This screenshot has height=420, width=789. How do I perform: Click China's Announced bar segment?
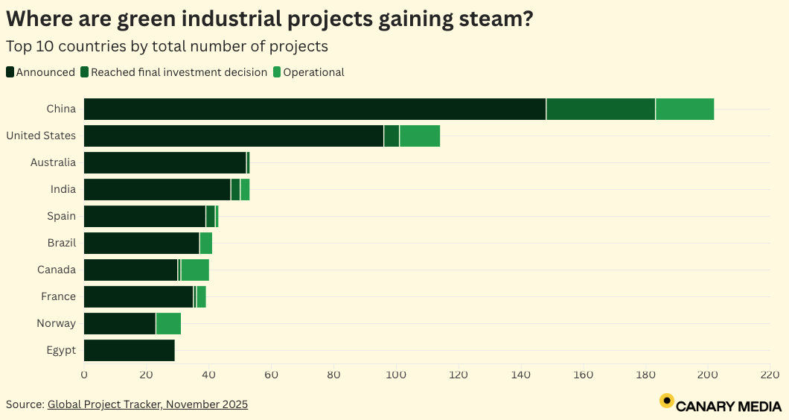click(314, 109)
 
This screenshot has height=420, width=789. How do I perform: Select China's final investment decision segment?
click(601, 109)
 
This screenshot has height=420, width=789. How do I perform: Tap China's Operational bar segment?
click(685, 109)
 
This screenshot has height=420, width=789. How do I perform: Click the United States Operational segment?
click(420, 136)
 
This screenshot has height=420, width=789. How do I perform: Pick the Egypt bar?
click(129, 350)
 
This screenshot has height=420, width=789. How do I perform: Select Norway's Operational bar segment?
click(168, 323)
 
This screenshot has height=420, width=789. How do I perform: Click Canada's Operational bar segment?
click(195, 270)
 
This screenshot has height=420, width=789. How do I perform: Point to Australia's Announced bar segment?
click(164, 162)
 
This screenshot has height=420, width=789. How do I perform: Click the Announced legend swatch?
click(10, 72)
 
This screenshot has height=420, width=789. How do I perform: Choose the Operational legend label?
click(313, 72)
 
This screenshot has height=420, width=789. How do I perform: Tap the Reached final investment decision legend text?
click(179, 72)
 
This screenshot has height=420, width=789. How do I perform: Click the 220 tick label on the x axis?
click(769, 374)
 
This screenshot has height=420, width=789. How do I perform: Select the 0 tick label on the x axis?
click(84, 374)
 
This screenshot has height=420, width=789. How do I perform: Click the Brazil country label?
click(61, 243)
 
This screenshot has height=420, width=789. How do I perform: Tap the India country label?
click(63, 189)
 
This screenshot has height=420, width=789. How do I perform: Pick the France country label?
click(58, 296)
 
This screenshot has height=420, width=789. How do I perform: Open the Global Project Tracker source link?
click(147, 404)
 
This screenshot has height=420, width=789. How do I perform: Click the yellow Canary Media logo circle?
click(667, 401)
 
